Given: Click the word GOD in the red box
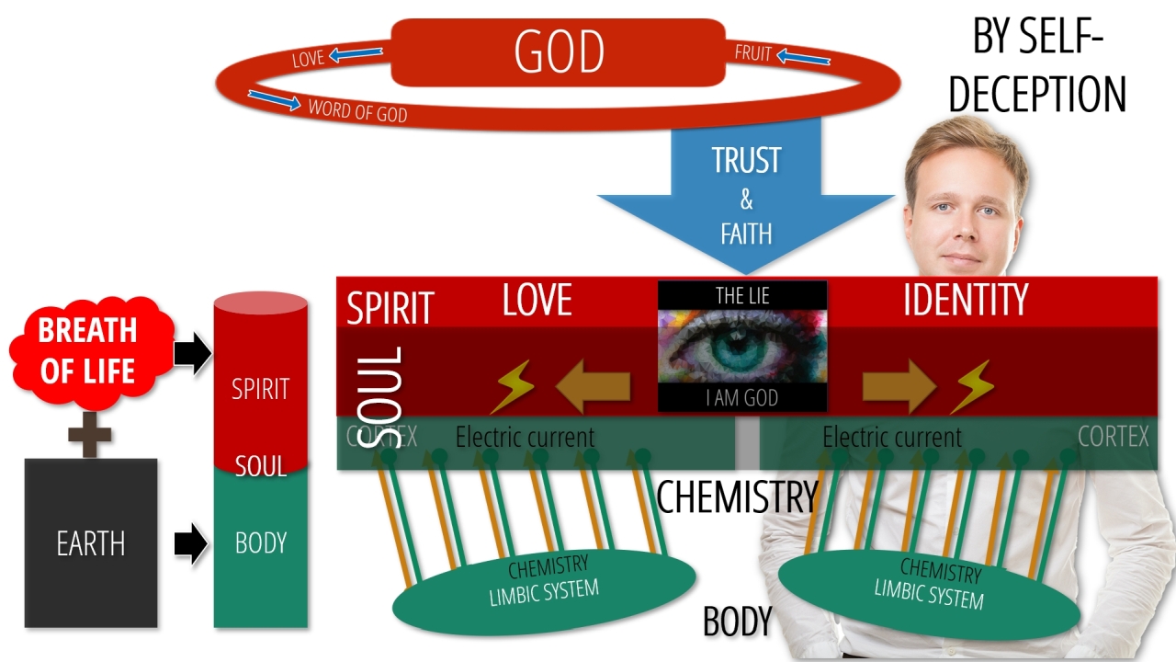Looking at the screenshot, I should pos(560,51).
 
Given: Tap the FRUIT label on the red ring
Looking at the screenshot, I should pos(753,53).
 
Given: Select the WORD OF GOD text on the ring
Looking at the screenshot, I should pos(357,110).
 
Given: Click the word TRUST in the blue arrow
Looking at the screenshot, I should pos(745,160).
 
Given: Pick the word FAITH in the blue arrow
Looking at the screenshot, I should pos(745,233).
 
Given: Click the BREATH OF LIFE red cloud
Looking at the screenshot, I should pos(88,350).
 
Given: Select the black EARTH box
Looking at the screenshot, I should pos(91,542).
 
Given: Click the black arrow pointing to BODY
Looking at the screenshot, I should pos(191,542).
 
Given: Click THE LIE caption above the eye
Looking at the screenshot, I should pos(742,296).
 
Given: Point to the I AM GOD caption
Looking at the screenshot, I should pos(742,398).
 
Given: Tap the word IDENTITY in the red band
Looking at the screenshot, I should pos(966,300).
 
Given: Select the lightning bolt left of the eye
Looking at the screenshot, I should pos(512,387).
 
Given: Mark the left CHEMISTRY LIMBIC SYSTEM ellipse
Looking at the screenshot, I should pos(544,581).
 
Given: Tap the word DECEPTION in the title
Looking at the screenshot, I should pos(1037,95).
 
